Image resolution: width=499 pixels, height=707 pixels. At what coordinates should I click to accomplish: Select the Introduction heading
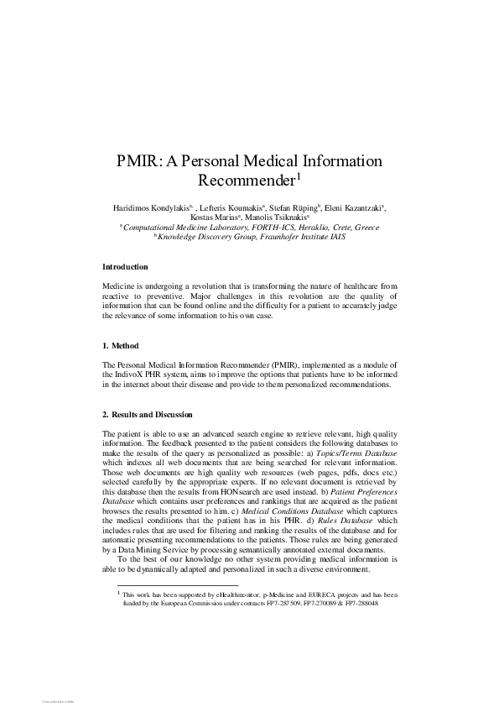[125, 267]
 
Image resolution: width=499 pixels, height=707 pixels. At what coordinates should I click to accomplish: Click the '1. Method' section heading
[121, 346]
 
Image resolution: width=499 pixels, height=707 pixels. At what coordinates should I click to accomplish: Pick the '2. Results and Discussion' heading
[148, 415]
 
